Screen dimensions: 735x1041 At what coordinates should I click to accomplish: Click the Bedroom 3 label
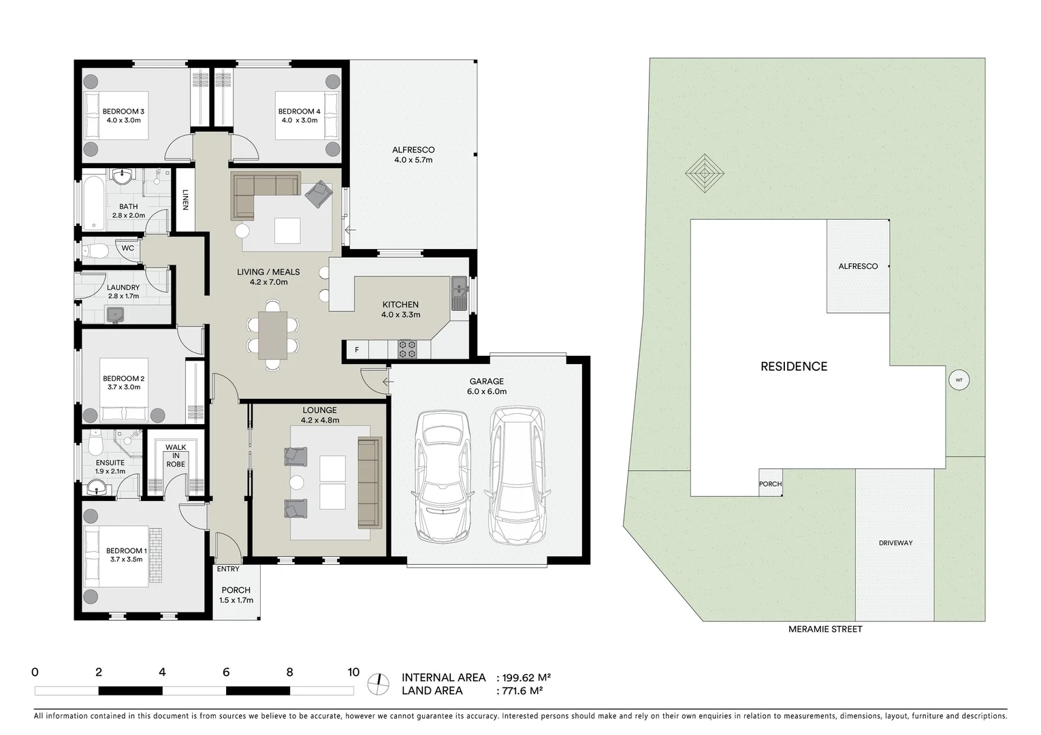pos(123,112)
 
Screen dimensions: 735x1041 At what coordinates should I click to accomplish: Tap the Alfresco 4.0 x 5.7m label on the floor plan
pos(413,154)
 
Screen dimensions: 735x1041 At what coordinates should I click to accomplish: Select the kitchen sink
pos(458,294)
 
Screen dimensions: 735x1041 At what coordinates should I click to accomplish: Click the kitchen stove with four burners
pos(407,349)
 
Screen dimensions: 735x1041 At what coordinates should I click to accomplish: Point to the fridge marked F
pos(356,350)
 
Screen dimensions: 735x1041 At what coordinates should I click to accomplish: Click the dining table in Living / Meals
pos(272,335)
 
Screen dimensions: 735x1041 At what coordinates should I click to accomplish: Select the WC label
pos(128,248)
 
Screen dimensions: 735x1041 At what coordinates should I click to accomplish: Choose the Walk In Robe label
pos(176,456)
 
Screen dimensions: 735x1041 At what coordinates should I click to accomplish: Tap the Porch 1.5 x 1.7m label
pos(236,595)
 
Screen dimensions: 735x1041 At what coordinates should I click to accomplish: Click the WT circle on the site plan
pos(959,380)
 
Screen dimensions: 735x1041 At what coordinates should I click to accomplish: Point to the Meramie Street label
pos(824,630)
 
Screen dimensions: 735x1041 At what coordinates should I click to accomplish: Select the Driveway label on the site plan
pos(895,543)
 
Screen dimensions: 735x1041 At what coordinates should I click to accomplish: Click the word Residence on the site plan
pos(794,367)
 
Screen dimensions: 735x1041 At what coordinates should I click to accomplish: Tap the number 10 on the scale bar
pos(353,672)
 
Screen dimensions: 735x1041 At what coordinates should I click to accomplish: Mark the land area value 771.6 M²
pos(522,691)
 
